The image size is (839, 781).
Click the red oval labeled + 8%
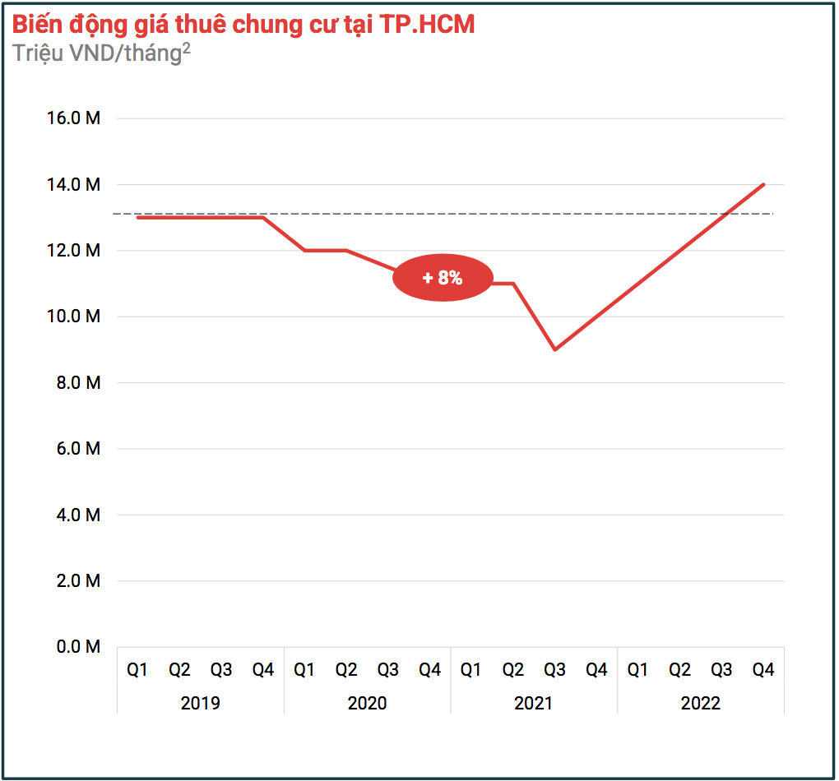click(443, 278)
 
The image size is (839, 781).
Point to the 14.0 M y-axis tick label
click(74, 185)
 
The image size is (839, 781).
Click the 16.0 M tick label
click(74, 118)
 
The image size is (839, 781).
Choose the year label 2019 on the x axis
click(201, 704)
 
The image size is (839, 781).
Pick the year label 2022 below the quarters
click(701, 704)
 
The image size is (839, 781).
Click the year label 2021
click(534, 704)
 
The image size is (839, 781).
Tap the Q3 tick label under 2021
click(555, 671)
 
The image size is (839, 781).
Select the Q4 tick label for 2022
click(763, 671)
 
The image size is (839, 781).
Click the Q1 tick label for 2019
click(137, 671)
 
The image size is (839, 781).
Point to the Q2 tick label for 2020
click(346, 671)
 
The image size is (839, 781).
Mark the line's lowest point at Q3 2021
click(555, 349)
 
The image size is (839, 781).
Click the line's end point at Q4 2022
click(764, 184)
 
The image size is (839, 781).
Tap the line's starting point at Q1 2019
click(137, 217)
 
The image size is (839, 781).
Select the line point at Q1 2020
click(304, 250)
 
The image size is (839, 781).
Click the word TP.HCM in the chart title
click(427, 25)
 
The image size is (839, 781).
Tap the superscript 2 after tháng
click(186, 47)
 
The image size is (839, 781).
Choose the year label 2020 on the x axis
click(367, 704)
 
